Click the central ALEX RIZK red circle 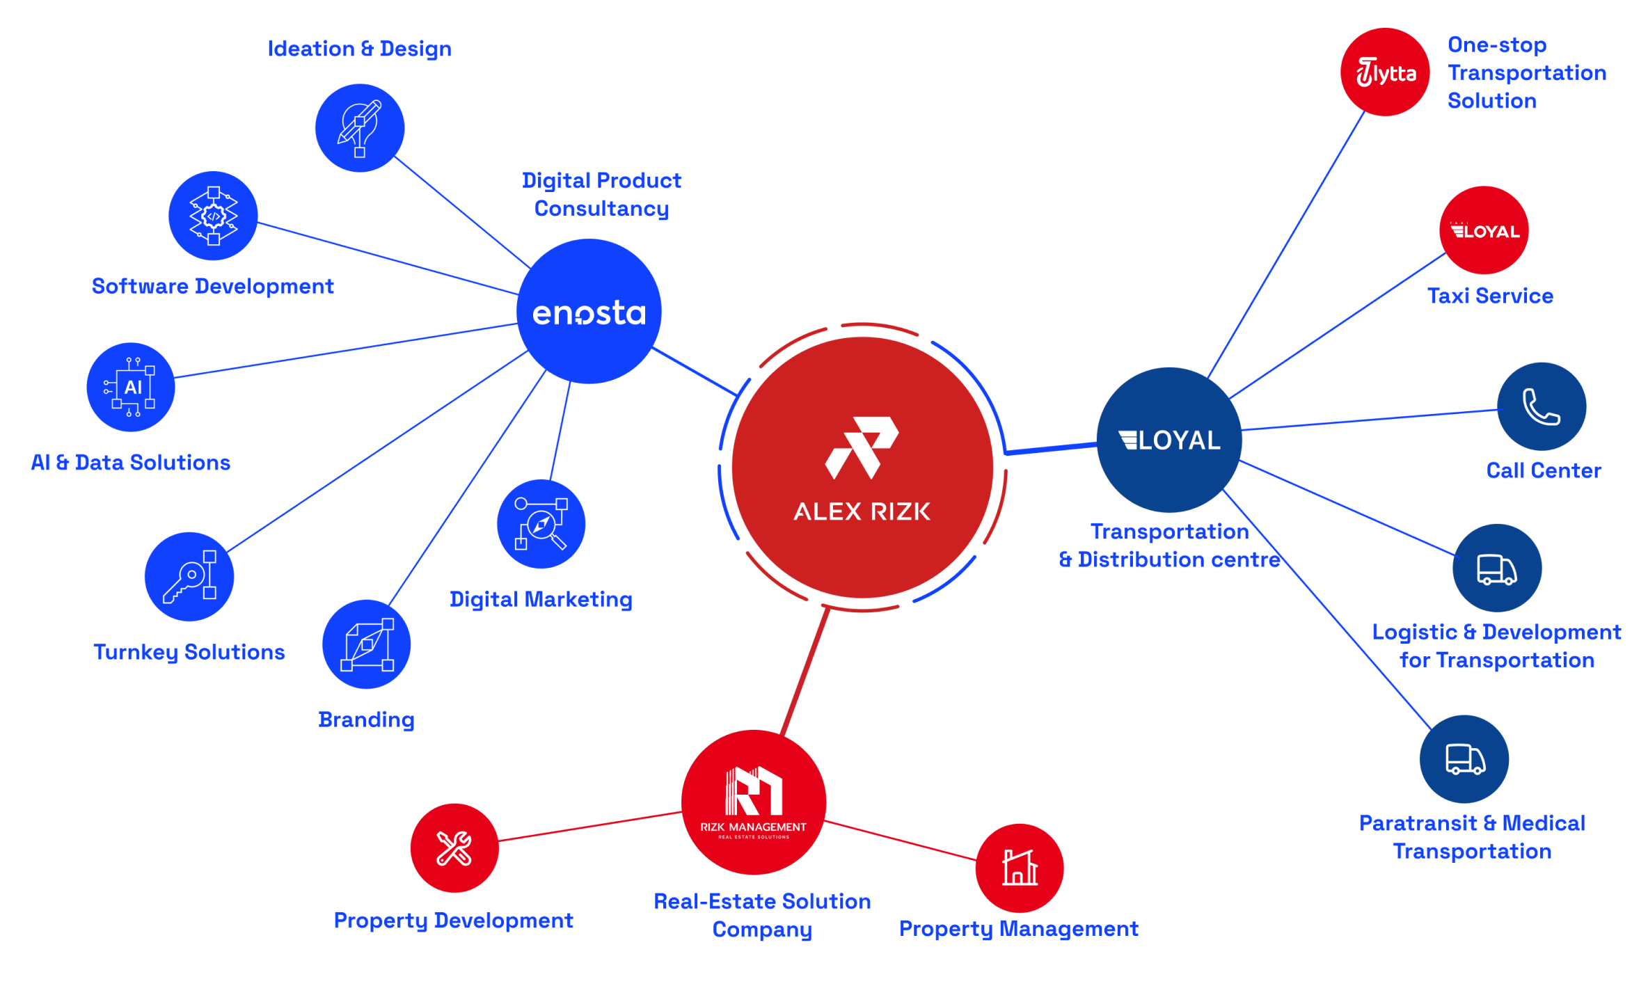click(862, 468)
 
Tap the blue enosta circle click(589, 311)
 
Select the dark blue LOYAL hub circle click(1169, 440)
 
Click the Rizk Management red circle click(754, 802)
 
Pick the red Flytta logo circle click(1385, 72)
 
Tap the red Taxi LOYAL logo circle click(1484, 230)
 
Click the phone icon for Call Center click(1542, 406)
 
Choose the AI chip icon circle click(131, 387)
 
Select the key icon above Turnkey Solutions click(189, 577)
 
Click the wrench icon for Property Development click(454, 848)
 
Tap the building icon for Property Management click(1020, 868)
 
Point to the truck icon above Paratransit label click(1464, 759)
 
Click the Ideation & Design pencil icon click(360, 128)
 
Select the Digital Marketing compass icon click(541, 524)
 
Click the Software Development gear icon click(213, 216)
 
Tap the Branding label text click(366, 719)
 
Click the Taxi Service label click(1490, 296)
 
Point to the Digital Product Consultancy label click(601, 194)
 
